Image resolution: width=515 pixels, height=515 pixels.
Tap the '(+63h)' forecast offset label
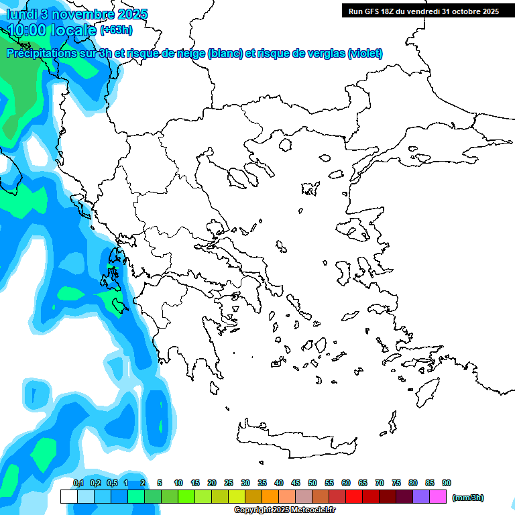click(x=116, y=30)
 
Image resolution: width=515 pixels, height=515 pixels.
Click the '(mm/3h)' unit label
click(x=467, y=498)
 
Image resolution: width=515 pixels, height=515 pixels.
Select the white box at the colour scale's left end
click(x=68, y=497)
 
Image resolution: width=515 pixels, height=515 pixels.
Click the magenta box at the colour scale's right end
click(x=438, y=497)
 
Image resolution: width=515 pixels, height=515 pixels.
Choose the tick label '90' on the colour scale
click(x=447, y=483)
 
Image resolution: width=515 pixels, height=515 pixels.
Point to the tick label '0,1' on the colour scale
click(x=78, y=483)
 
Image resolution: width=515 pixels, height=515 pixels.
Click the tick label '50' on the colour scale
click(x=312, y=483)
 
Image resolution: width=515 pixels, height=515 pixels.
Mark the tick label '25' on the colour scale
click(x=229, y=483)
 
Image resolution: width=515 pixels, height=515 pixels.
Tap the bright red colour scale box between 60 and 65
click(x=354, y=497)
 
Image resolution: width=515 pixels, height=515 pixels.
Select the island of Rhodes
click(x=428, y=390)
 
